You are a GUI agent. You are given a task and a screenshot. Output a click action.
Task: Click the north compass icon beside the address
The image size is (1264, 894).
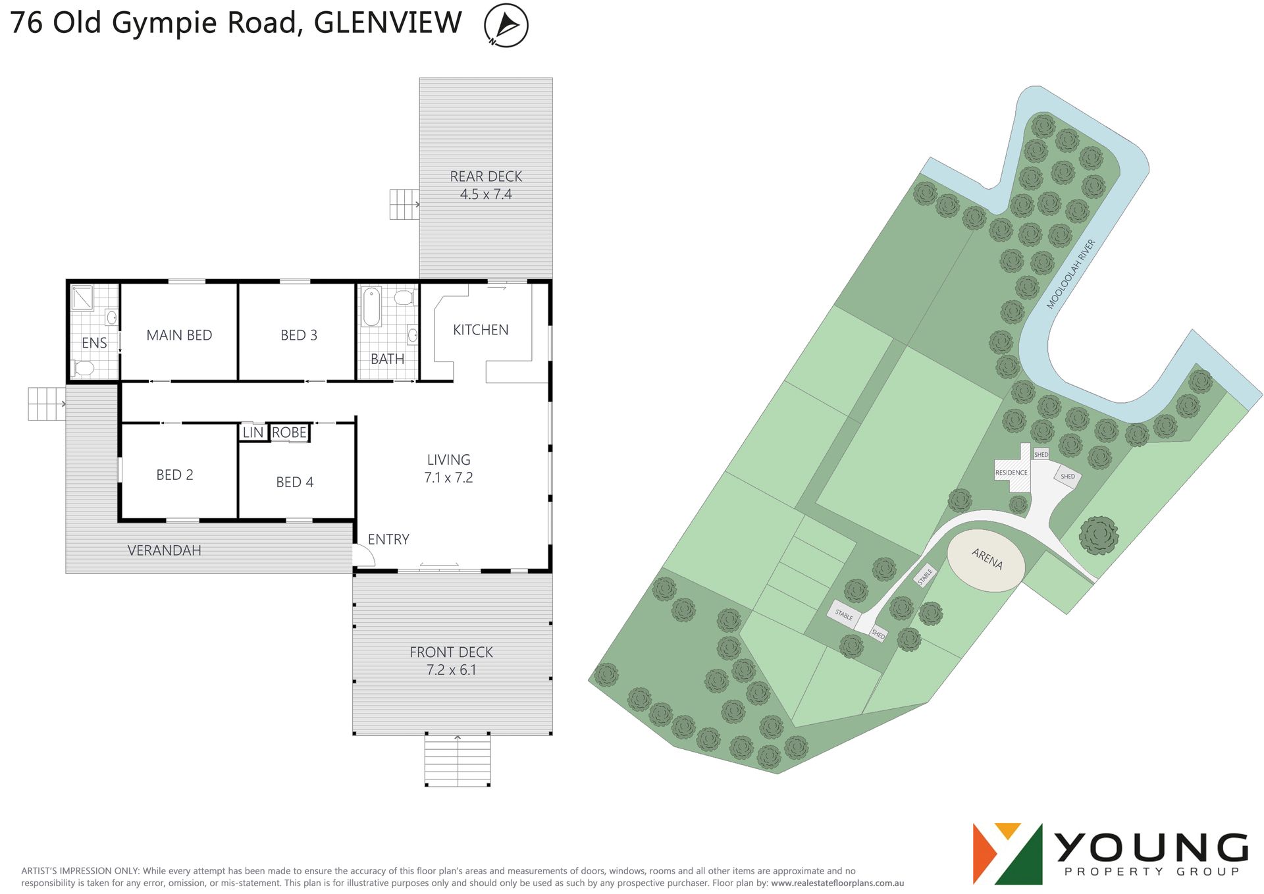click(x=506, y=25)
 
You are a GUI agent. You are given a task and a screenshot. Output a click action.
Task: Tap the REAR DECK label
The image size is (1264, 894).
click(x=486, y=176)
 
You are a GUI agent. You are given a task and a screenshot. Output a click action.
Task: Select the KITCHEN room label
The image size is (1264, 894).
click(x=481, y=330)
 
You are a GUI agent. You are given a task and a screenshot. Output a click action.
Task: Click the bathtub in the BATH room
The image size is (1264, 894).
click(x=371, y=306)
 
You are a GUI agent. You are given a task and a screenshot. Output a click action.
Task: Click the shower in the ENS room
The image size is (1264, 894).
click(x=83, y=298)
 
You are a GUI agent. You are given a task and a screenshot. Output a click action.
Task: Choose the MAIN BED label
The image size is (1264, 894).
click(x=179, y=335)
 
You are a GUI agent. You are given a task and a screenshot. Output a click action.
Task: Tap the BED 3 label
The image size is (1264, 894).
click(x=299, y=335)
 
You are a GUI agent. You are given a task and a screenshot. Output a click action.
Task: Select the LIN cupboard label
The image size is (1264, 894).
click(x=253, y=433)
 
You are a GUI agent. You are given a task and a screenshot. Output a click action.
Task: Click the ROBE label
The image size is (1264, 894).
click(x=289, y=433)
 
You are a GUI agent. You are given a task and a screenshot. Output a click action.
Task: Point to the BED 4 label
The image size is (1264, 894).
click(x=294, y=482)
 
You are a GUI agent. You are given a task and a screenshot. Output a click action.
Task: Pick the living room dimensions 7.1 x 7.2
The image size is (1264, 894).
click(x=448, y=477)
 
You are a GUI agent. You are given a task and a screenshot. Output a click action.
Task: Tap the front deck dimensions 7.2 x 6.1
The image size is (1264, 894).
click(x=451, y=670)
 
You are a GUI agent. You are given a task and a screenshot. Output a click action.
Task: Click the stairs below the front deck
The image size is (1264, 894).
click(x=458, y=760)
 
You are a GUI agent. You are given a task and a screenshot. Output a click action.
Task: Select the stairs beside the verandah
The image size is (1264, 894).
click(x=47, y=404)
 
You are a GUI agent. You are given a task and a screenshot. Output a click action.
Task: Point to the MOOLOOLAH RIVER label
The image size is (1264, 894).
click(x=1071, y=274)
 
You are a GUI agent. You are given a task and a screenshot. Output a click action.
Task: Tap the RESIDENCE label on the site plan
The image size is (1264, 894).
click(x=1011, y=473)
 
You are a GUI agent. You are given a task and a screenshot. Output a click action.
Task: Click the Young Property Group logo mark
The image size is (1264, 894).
click(x=1007, y=854)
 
